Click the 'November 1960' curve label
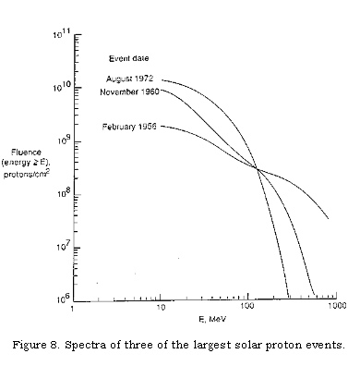click(x=127, y=91)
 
